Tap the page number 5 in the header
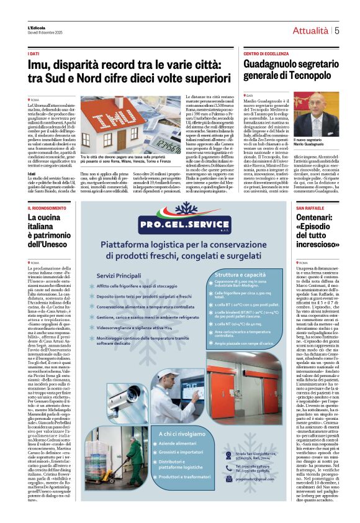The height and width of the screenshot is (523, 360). coord(336,30)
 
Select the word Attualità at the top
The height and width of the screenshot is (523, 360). coord(310,30)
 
